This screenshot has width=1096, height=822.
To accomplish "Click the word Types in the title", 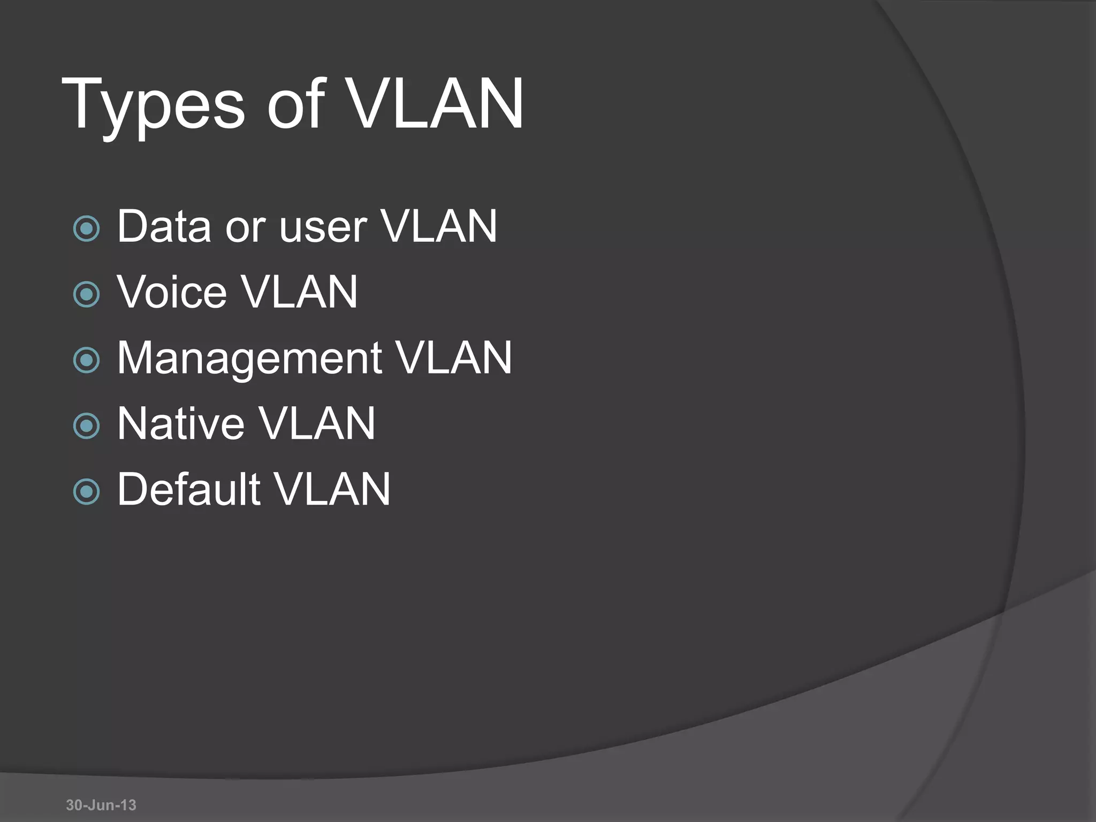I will pos(153,104).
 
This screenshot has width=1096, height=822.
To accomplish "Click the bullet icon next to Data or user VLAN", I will pos(86,229).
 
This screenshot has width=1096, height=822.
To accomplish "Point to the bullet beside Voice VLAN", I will pos(86,294).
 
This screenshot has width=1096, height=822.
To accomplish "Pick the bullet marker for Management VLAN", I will pos(86,360).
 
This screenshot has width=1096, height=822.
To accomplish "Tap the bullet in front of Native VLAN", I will pos(86,425).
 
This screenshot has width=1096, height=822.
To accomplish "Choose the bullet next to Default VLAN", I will pos(86,491).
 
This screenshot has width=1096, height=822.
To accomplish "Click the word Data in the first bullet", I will pos(164,226).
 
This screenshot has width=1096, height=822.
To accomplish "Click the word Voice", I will pos(172,292).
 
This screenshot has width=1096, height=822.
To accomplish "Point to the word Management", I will pos(249,359).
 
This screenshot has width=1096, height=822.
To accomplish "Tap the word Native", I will pos(181,424).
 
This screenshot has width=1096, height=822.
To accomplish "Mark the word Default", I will pos(188,489).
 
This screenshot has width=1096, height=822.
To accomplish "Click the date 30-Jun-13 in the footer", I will pos(101,805).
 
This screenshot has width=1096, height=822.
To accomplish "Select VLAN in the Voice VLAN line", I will pos(299,292).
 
